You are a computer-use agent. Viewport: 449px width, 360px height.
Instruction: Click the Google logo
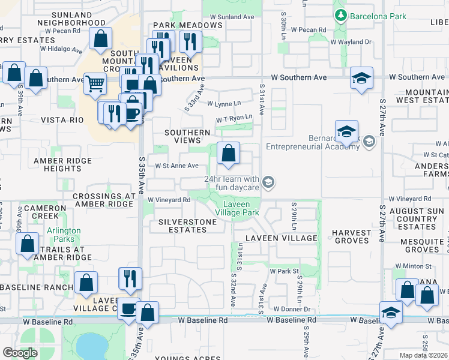click(20, 353)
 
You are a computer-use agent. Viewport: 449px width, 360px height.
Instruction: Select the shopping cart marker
click(95, 85)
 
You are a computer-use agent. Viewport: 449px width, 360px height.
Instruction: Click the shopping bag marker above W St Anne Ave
click(228, 154)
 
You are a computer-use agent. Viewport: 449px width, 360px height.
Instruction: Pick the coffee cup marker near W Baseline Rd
click(128, 310)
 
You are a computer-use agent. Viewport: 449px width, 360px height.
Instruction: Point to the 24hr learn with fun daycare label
click(232, 183)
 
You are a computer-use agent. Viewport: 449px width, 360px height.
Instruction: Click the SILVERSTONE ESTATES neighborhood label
click(187, 226)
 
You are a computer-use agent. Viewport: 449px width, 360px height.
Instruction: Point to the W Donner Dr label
click(291, 309)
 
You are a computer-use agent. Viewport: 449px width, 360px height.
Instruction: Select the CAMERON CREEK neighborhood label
click(41, 212)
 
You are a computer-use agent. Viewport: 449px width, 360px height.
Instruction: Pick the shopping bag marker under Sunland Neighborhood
click(101, 39)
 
